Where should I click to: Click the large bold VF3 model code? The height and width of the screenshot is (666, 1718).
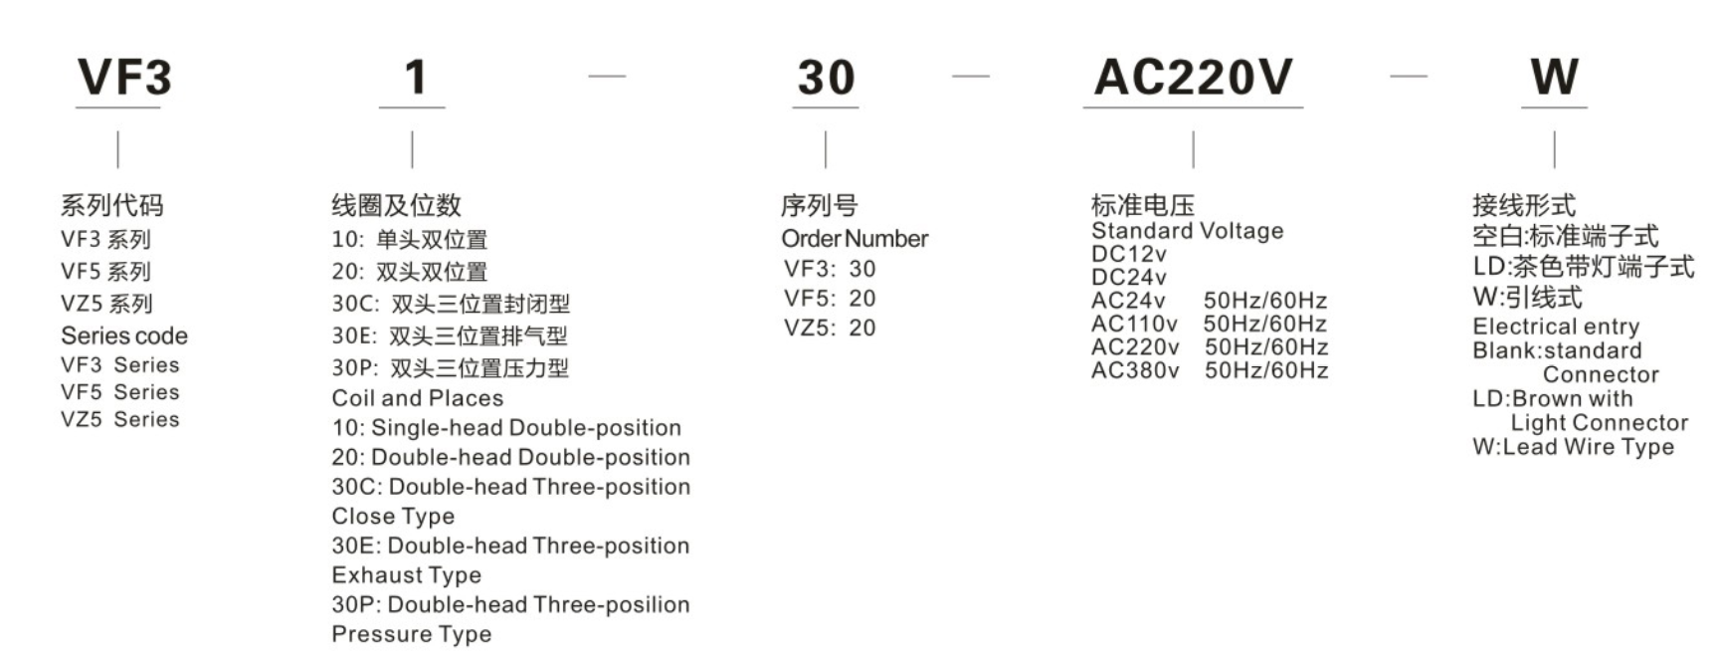pyautogui.click(x=124, y=78)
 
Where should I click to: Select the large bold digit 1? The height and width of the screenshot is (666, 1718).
pyautogui.click(x=416, y=78)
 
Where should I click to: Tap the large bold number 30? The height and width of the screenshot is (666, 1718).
pyautogui.click(x=826, y=78)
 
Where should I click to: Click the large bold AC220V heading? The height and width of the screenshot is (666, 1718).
pyautogui.click(x=1193, y=77)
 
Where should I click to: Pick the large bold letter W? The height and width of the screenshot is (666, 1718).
pyautogui.click(x=1554, y=77)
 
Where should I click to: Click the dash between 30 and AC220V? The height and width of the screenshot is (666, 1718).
pyautogui.click(x=971, y=76)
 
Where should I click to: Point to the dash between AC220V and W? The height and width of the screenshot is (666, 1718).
pyautogui.click(x=1409, y=76)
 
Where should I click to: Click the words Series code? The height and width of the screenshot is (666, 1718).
pyautogui.click(x=124, y=335)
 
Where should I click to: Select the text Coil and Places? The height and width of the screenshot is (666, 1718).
pyautogui.click(x=418, y=398)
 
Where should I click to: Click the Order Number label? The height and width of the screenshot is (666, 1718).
pyautogui.click(x=855, y=239)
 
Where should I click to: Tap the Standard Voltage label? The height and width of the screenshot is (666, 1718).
pyautogui.click(x=1188, y=231)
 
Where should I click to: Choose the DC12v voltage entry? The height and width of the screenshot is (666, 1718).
pyautogui.click(x=1129, y=254)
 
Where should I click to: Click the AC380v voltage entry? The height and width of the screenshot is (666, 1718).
pyautogui.click(x=1135, y=370)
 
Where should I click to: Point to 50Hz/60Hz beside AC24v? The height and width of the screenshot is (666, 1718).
pyautogui.click(x=1265, y=301)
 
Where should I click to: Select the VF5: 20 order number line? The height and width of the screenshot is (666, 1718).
pyautogui.click(x=830, y=299)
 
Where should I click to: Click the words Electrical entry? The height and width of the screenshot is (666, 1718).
pyautogui.click(x=1556, y=327)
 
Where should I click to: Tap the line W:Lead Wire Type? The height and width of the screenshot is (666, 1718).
pyautogui.click(x=1574, y=447)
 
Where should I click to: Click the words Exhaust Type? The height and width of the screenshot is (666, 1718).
pyautogui.click(x=407, y=575)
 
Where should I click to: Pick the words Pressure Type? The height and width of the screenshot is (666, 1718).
pyautogui.click(x=412, y=634)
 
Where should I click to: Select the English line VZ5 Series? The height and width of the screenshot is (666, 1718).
pyautogui.click(x=120, y=419)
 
